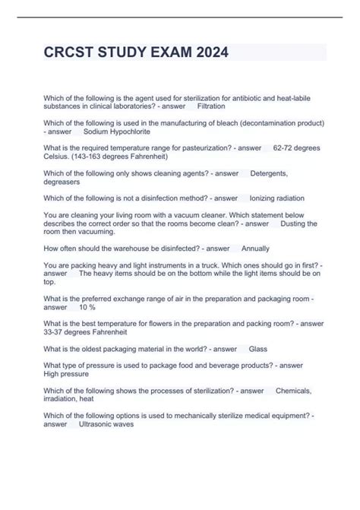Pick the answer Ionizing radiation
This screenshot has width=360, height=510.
(281, 198)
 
